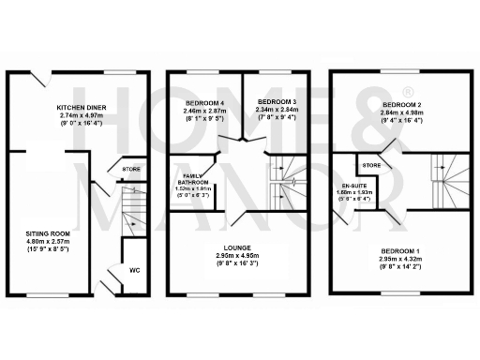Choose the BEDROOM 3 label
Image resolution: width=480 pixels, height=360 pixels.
click(277, 101)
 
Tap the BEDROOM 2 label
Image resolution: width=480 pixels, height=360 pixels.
click(404, 104)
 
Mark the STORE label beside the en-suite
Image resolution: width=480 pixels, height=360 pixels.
click(372, 166)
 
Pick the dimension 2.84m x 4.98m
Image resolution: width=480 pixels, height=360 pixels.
click(404, 112)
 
